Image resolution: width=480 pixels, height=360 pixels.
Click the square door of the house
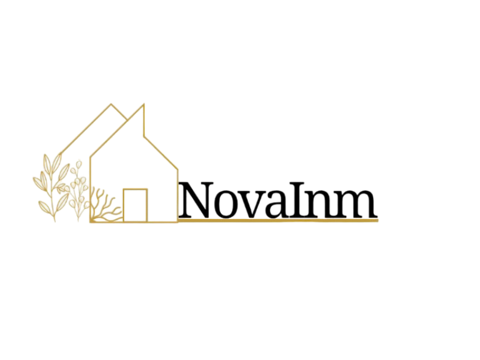(136, 205)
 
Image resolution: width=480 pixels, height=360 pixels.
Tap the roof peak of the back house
(111, 104)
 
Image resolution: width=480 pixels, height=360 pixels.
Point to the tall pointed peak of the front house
(143, 104)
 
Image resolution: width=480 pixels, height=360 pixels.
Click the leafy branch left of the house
(52, 187)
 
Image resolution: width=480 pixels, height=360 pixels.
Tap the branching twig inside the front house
(106, 205)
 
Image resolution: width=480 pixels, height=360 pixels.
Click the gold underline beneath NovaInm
(278, 220)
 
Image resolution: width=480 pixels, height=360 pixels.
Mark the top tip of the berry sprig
(79, 161)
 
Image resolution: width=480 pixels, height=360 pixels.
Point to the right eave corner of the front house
(178, 169)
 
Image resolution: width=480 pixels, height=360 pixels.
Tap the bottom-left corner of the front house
(90, 221)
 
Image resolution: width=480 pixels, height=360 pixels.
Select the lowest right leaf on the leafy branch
(62, 201)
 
